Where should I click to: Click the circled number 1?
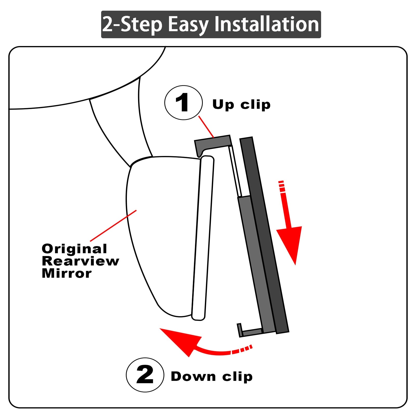184,102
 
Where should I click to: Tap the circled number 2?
145,375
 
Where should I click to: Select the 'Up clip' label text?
242,105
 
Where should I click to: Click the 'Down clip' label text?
212,376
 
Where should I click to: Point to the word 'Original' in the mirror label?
74,249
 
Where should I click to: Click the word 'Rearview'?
80,261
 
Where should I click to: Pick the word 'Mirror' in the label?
67,273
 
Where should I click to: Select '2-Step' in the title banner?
132,25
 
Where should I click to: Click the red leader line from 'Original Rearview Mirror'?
113,226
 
